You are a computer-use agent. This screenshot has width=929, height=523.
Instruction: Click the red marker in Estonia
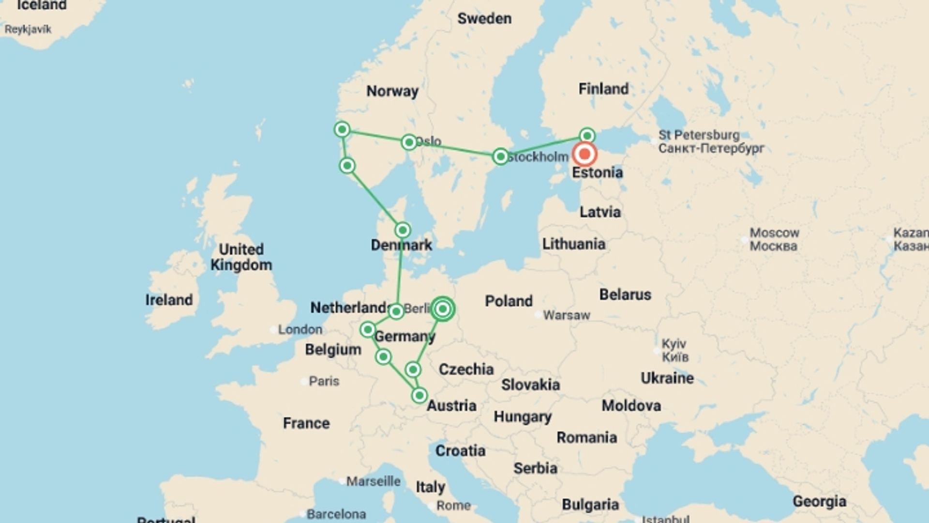click(x=584, y=154)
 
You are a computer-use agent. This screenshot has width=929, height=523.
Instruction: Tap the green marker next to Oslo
click(x=409, y=142)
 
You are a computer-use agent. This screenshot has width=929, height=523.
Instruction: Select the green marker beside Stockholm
click(x=500, y=156)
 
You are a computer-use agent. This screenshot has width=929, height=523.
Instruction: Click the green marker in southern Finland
click(x=587, y=135)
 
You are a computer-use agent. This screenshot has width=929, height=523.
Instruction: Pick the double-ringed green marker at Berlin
click(x=442, y=309)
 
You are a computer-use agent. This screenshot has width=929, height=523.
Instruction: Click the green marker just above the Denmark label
click(x=403, y=230)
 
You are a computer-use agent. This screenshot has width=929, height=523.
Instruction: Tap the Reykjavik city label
click(x=28, y=30)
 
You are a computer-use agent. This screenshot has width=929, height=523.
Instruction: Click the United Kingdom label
click(x=241, y=257)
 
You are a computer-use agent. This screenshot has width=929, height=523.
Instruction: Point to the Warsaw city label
click(x=567, y=315)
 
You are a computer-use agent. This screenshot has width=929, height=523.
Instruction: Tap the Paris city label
click(x=324, y=381)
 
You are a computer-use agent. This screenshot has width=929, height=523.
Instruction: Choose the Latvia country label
click(x=600, y=212)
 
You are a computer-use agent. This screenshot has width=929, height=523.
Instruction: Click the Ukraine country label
click(x=667, y=378)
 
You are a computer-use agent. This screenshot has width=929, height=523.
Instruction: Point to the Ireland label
click(x=169, y=300)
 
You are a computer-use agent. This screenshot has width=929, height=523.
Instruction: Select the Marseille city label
click(x=373, y=481)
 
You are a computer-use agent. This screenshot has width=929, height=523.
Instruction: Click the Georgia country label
click(x=819, y=502)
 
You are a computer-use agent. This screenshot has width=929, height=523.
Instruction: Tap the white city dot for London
click(x=273, y=330)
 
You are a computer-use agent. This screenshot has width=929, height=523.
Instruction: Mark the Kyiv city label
click(x=674, y=350)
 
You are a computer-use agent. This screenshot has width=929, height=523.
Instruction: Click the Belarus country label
click(x=625, y=294)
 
